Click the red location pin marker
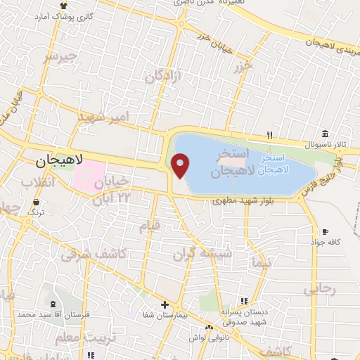click(x=181, y=166)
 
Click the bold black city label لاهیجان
click(x=59, y=160)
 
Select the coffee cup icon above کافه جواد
click(x=324, y=232)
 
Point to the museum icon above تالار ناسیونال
click(x=324, y=134)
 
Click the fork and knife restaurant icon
click(x=269, y=136)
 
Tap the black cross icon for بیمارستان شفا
click(x=165, y=305)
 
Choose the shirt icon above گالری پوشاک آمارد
click(x=64, y=6)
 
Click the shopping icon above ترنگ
click(x=36, y=202)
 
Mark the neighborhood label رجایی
click(x=321, y=288)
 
